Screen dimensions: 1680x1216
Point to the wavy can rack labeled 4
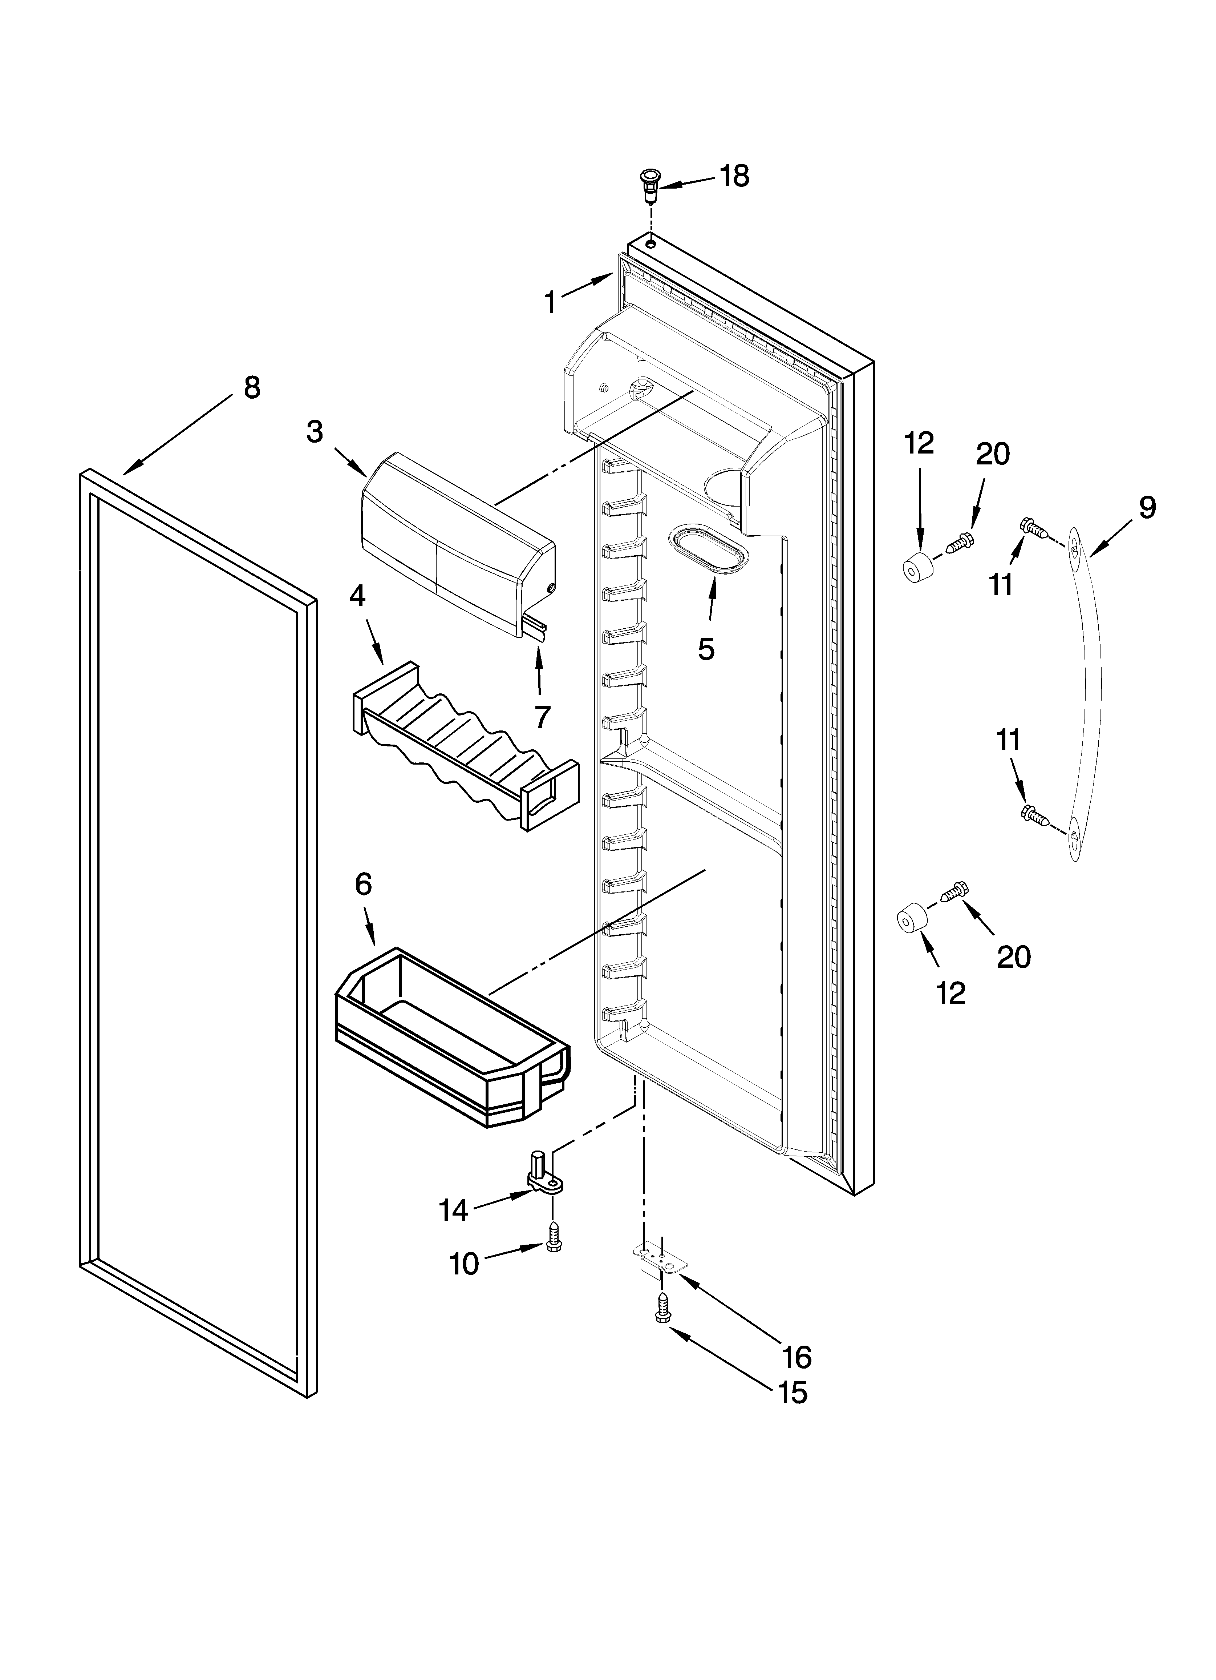pos(467,748)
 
